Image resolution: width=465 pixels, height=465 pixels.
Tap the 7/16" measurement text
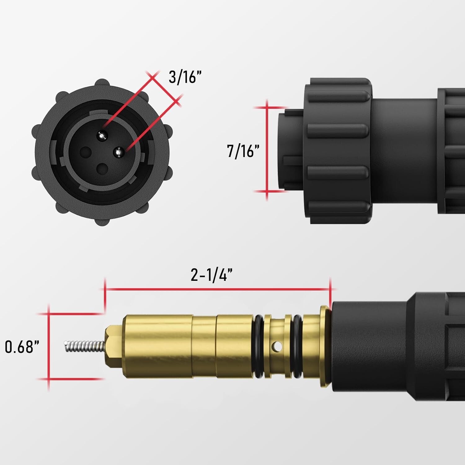point(243,151)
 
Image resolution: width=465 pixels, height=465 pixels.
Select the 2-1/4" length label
point(211,275)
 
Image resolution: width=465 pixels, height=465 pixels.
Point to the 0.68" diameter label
point(24,347)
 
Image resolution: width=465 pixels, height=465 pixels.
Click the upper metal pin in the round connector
point(102,135)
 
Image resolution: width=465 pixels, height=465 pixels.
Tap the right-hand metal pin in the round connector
point(118,152)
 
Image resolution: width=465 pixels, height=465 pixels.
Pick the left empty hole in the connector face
point(85,152)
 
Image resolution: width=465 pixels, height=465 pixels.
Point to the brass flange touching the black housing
point(325,347)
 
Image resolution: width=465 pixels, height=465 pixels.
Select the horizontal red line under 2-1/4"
point(217,289)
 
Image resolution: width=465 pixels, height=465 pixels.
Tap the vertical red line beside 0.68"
point(48,347)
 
